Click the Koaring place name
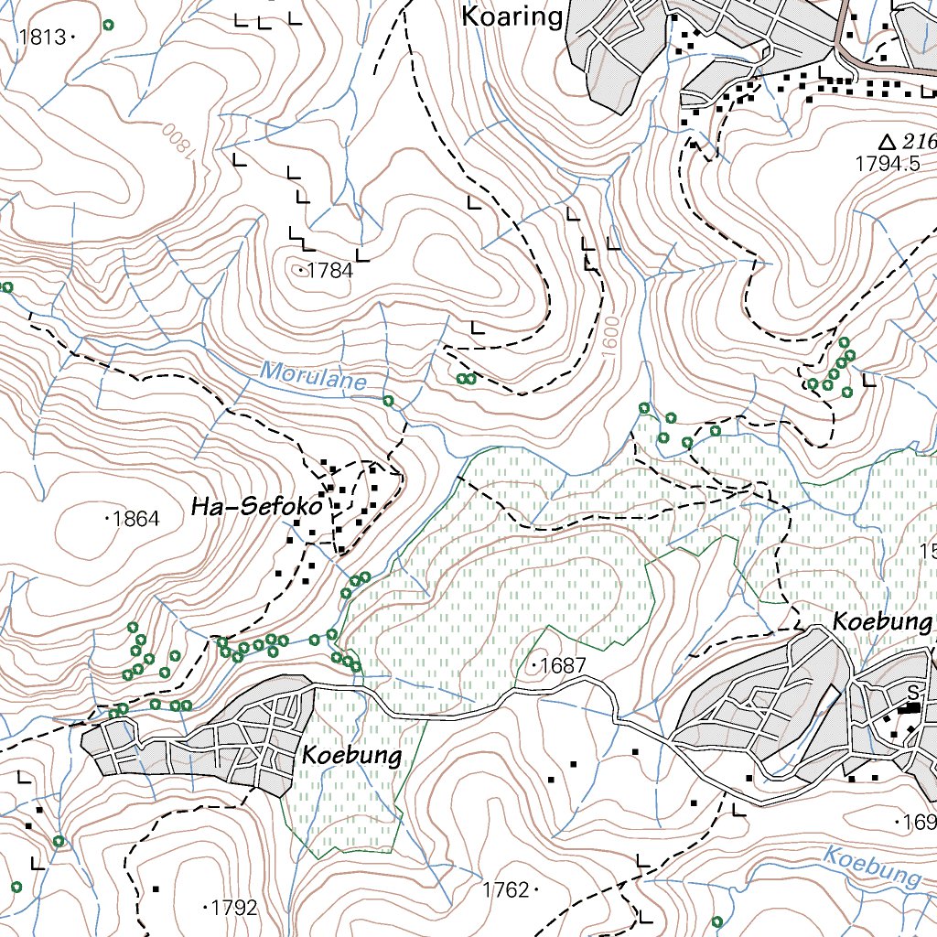click(x=512, y=16)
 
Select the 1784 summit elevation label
click(x=329, y=271)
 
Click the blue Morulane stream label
click(x=313, y=375)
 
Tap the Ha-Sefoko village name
click(x=257, y=508)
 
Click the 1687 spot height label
click(x=562, y=666)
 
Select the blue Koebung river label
click(x=871, y=867)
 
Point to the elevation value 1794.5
click(x=887, y=165)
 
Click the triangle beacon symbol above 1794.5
click(x=886, y=142)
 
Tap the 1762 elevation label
click(x=506, y=889)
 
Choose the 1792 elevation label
click(x=233, y=908)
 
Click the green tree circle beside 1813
click(x=109, y=25)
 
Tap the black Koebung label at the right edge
click(x=880, y=622)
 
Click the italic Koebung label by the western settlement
click(x=351, y=756)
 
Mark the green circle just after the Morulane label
click(x=388, y=401)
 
